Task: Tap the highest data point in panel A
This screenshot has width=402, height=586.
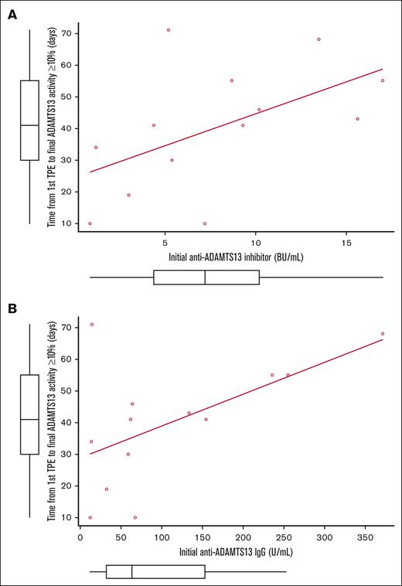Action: [x=168, y=30]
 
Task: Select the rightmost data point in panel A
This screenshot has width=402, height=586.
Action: [x=382, y=80]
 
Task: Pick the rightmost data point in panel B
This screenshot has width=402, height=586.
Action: [x=382, y=334]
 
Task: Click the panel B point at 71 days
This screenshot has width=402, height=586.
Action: [x=92, y=325]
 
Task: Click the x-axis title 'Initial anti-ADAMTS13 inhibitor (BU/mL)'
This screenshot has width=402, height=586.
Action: [x=236, y=256]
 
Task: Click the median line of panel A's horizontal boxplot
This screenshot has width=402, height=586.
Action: [x=205, y=278]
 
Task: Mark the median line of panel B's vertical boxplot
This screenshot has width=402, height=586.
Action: [x=29, y=419]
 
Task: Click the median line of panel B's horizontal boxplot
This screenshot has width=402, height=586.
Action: [x=132, y=572]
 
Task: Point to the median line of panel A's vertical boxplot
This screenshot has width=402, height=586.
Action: [x=29, y=125]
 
